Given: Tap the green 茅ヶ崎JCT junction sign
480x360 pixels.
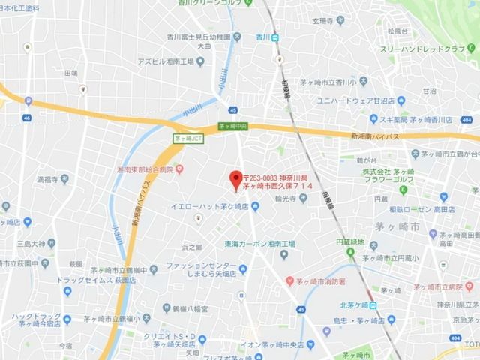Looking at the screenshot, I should click(x=187, y=138).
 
